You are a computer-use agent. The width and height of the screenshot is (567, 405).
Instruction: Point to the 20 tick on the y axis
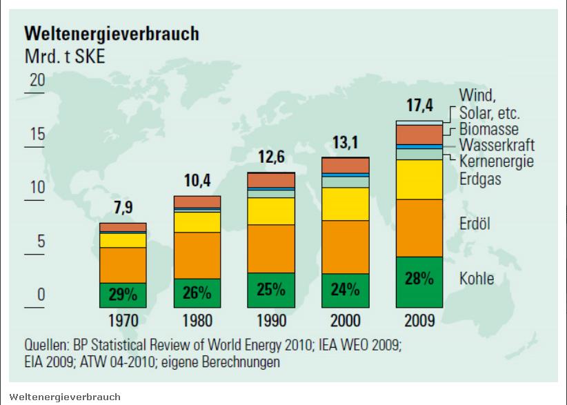[37, 81]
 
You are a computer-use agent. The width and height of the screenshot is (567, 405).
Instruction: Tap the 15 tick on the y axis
[37, 135]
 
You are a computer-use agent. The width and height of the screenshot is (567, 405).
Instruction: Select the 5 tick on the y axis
[39, 242]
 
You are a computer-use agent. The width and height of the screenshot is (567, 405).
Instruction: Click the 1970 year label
[123, 321]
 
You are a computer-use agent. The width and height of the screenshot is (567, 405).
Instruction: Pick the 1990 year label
[271, 321]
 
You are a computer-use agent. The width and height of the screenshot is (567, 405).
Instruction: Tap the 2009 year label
[419, 321]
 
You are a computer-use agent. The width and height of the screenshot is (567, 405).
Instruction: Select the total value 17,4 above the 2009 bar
[419, 107]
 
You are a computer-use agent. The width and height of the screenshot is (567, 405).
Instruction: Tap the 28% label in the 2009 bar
[419, 279]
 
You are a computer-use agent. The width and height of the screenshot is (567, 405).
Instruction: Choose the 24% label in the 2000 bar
[345, 290]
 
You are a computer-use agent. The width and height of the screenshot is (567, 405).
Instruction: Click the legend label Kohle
[477, 279]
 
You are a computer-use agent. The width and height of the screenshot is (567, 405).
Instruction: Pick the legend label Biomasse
[488, 129]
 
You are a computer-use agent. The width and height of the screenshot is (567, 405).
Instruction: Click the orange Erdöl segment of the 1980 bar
[197, 255]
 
